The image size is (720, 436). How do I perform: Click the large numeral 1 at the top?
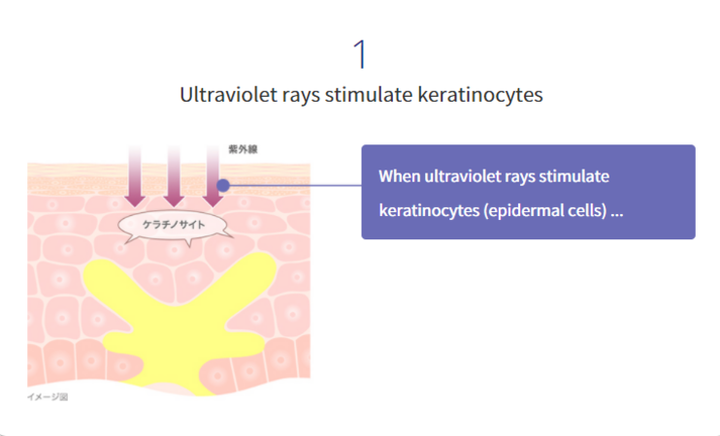tap(360, 54)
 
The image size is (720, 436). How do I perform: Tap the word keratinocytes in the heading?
tap(480, 95)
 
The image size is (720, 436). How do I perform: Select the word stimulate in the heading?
tap(369, 95)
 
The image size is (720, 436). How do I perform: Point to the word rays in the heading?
tap(300, 97)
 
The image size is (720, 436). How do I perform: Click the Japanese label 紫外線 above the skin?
tap(243, 149)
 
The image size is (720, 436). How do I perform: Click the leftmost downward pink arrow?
tap(135, 176)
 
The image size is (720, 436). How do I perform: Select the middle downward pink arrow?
tap(174, 176)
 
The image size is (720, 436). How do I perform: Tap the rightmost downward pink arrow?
tap(213, 176)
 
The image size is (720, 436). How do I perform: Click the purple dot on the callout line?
tap(223, 185)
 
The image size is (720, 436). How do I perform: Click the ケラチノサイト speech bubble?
tap(175, 226)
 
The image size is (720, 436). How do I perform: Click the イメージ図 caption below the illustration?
tap(48, 397)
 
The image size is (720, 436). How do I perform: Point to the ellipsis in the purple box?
tap(617, 214)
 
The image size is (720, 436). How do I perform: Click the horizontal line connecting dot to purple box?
tap(295, 185)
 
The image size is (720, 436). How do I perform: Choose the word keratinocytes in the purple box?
tap(429, 211)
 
